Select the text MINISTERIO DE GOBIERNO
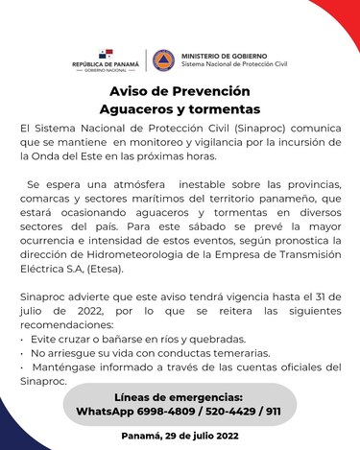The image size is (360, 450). point(226,56)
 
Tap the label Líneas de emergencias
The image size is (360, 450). point(180,396)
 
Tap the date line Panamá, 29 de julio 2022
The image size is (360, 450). point(180,437)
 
